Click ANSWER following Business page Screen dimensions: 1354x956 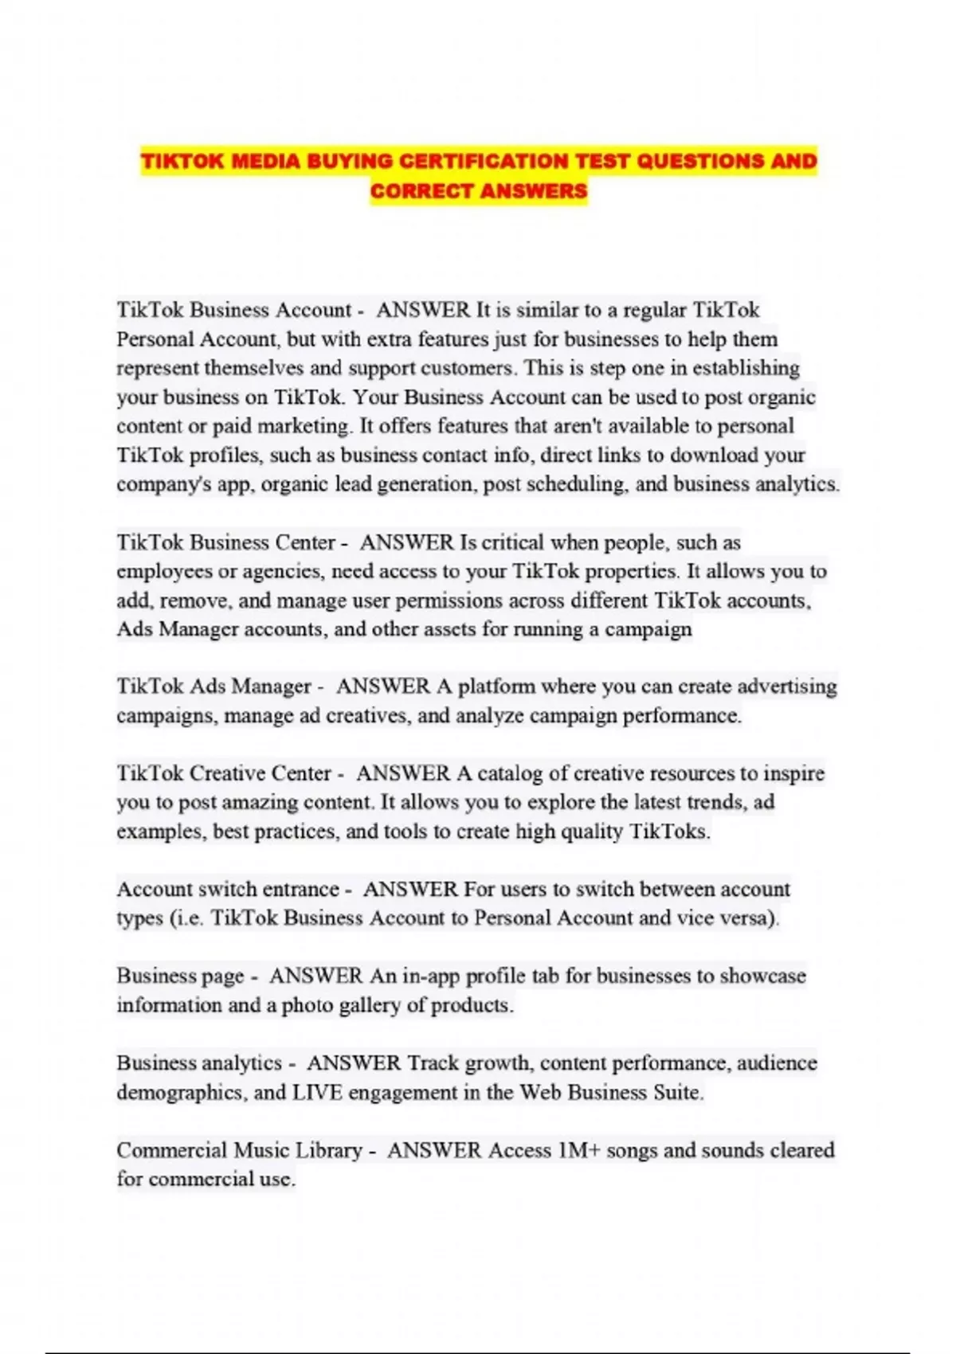click(x=315, y=976)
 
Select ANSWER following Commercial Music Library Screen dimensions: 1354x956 click(x=434, y=1150)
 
